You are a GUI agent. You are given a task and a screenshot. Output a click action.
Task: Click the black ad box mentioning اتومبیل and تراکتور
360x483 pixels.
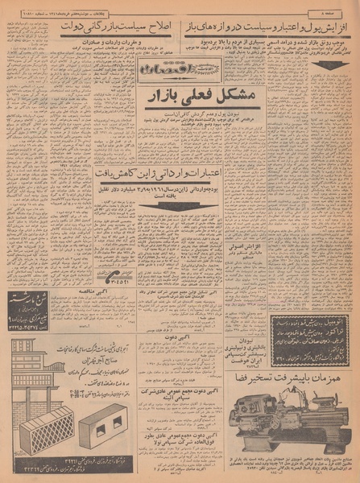click(x=309, y=328)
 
